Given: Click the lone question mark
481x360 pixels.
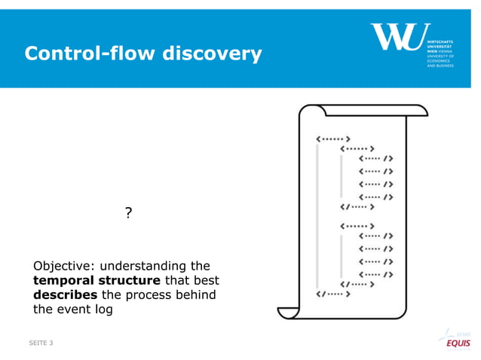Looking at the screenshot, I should click(128, 214).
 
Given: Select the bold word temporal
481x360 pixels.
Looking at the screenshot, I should click(63, 280).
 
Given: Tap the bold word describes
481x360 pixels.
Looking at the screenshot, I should click(65, 294).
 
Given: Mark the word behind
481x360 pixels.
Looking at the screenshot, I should click(197, 294).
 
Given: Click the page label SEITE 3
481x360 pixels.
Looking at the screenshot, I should click(40, 343).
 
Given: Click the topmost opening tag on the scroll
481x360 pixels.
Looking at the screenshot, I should click(332, 139).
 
